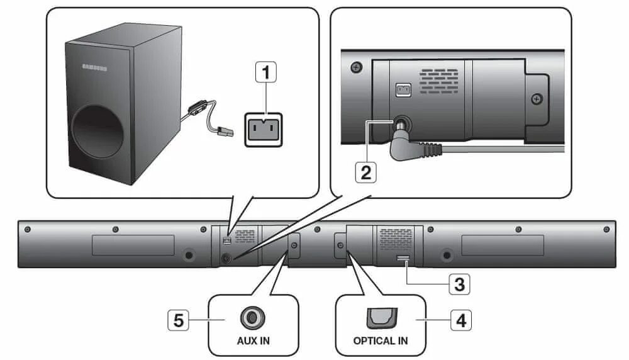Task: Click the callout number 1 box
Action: click(267, 74)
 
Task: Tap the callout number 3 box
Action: click(459, 284)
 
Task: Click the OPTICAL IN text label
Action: click(381, 340)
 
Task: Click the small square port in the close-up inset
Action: click(403, 90)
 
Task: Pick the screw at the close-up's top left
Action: click(356, 67)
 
